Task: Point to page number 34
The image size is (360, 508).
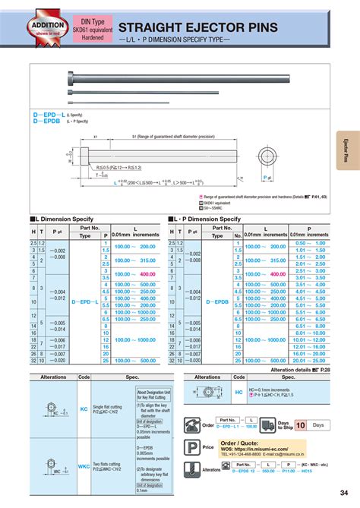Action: coord(346,496)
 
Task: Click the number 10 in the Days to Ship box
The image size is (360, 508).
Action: coord(301,424)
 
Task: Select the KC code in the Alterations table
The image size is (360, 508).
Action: coord(84,409)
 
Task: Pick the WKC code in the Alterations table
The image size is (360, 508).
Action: coord(84,466)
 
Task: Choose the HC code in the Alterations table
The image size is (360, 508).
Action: coord(239,393)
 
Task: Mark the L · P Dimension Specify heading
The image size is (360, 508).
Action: coord(207,219)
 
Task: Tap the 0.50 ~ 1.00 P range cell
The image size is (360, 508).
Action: coord(310,243)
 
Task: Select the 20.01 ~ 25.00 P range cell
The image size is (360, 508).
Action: coord(310,360)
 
